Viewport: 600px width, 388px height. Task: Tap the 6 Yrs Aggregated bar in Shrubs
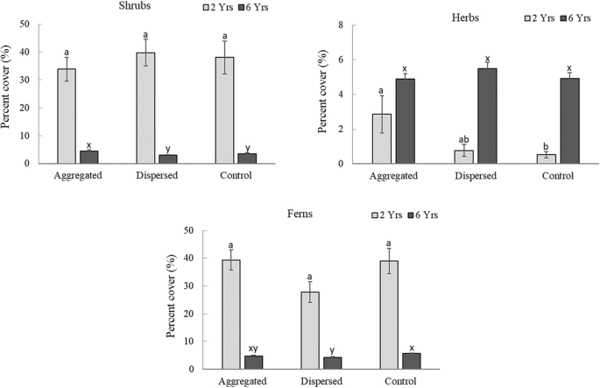88,157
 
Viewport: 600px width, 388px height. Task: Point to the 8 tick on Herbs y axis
347,25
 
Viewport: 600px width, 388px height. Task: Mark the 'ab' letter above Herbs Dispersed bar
462,139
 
